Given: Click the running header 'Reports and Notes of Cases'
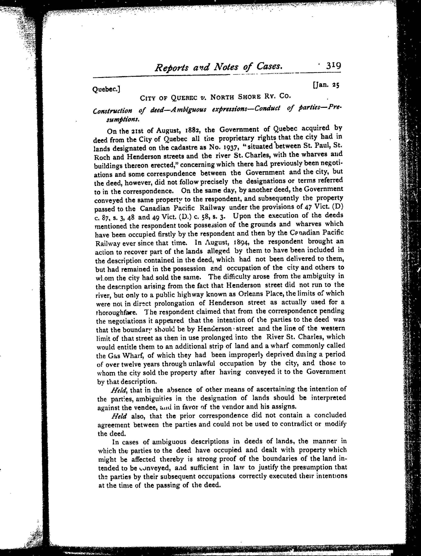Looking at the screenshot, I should click(x=218, y=67).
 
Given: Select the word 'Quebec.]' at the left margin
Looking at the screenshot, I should click(x=106, y=89).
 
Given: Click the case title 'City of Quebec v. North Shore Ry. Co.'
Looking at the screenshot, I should click(x=215, y=97).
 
